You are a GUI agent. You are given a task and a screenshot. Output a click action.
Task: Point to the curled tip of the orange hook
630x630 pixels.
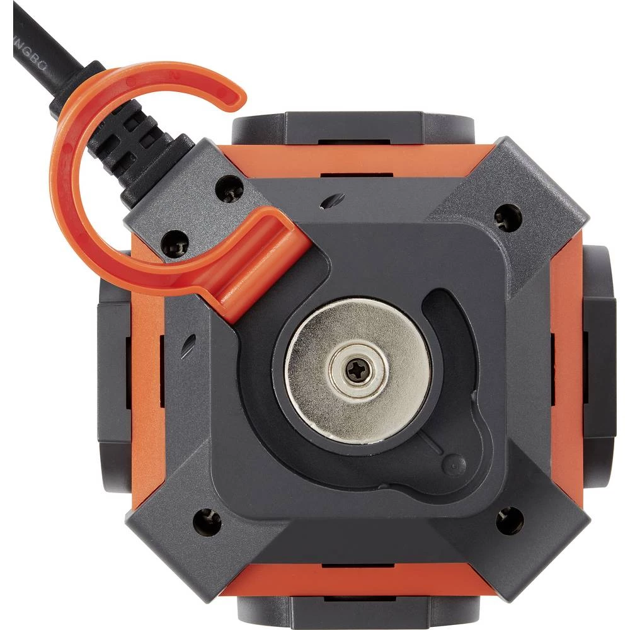click(x=234, y=96)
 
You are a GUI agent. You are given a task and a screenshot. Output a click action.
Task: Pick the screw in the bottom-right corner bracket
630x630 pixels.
click(x=508, y=520)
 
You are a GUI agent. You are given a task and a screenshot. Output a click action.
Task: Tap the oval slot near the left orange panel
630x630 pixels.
click(x=187, y=346)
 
